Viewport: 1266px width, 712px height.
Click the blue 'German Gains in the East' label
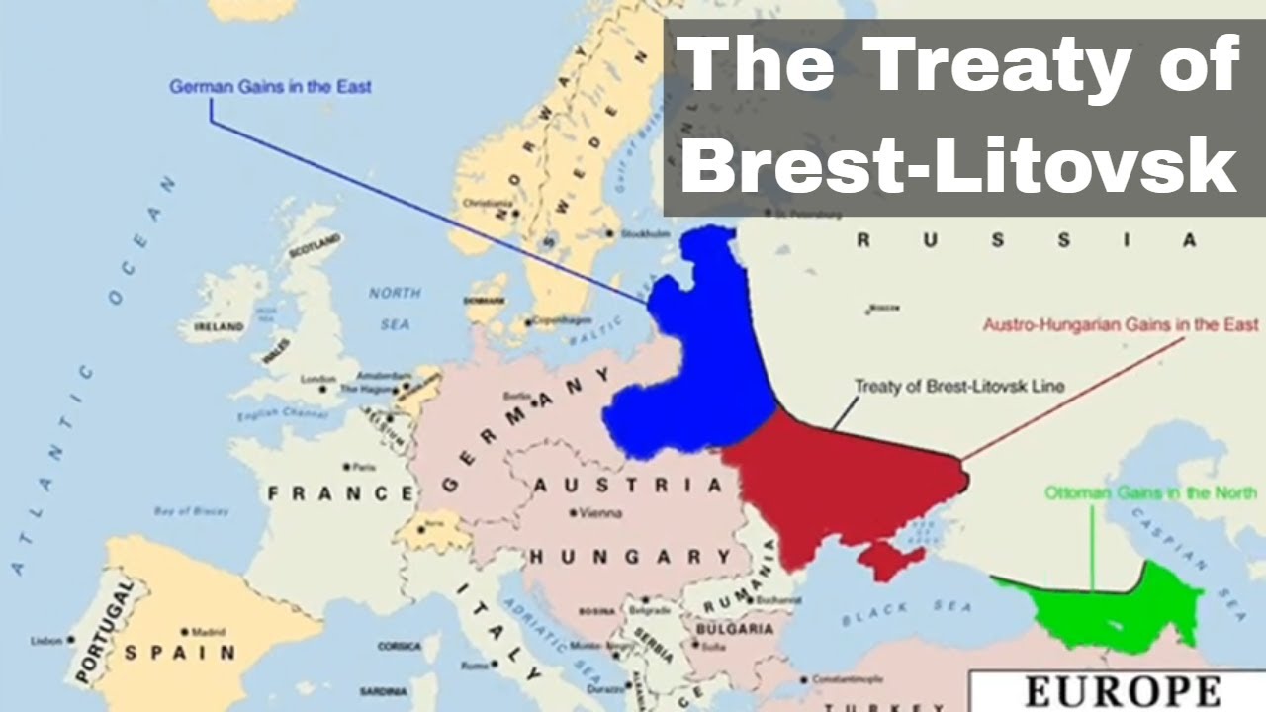270,86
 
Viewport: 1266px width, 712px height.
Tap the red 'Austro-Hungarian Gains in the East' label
1121,324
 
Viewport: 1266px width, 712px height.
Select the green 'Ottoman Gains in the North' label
1150,491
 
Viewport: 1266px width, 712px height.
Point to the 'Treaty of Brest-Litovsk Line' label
958,386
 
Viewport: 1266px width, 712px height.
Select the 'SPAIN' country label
180,653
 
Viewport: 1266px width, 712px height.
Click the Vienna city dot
574,512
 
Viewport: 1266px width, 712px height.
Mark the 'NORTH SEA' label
394,308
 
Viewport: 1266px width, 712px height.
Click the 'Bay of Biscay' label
191,511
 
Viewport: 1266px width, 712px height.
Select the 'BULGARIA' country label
734,628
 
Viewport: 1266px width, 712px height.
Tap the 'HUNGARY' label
630,557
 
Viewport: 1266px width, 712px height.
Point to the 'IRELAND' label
219,326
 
